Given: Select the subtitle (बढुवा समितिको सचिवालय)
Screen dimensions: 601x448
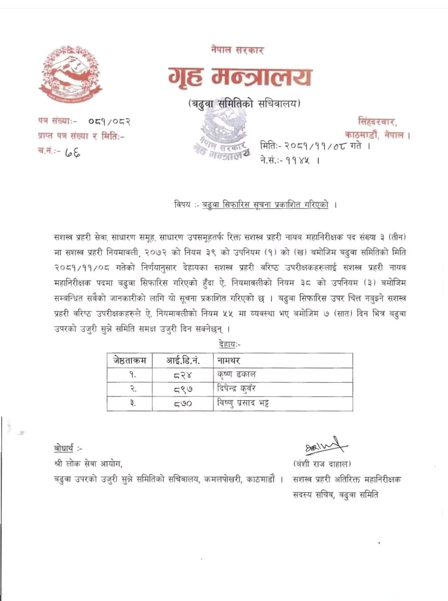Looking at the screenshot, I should pos(244,104).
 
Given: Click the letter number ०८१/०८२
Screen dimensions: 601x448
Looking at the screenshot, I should pos(109,121).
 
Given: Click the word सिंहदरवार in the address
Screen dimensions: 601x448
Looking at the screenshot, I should pos(378,121).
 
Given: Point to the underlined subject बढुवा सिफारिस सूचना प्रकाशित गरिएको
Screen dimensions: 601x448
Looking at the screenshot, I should pos(265,205).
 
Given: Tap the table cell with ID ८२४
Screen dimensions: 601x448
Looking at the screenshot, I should pos(183,375).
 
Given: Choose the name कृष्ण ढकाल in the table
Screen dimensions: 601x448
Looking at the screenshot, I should pos(237,374).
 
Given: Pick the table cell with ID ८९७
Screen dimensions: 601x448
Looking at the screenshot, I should pos(183,389).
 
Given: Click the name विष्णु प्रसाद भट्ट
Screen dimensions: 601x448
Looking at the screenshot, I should pos(243,403).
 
